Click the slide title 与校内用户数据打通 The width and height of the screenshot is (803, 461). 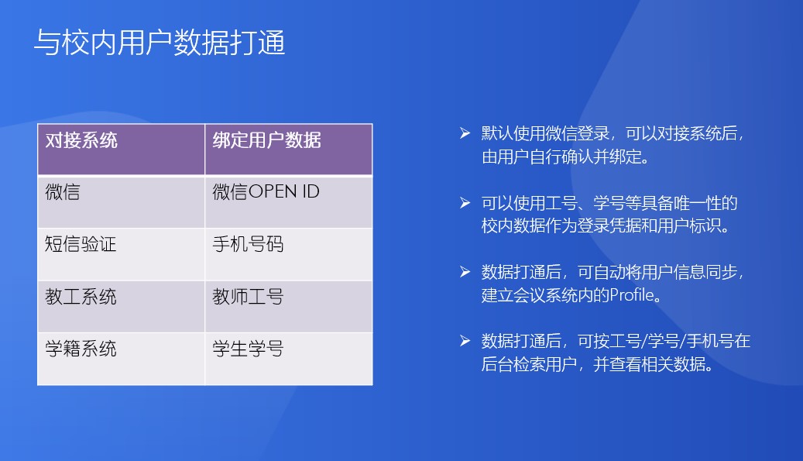pos(160,42)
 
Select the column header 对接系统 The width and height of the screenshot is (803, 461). pos(81,140)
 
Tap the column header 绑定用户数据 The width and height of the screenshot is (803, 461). pos(267,140)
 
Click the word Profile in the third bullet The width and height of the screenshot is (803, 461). pos(631,295)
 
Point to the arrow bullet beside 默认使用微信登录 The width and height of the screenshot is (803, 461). pos(465,133)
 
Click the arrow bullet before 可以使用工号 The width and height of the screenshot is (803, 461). pos(465,203)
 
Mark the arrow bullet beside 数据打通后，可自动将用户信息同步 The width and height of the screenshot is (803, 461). pos(465,271)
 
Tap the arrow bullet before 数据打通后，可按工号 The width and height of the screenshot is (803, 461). pos(465,341)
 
